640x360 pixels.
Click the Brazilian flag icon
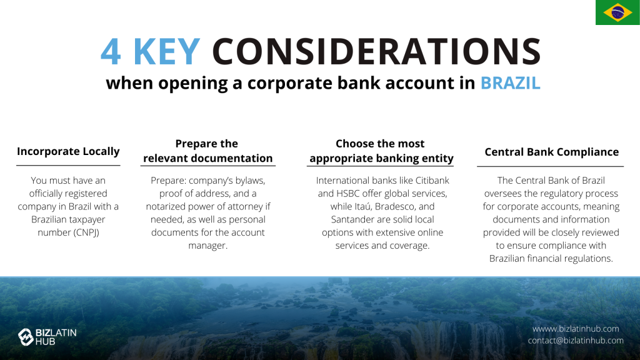pyautogui.click(x=617, y=12)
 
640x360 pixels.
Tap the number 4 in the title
pyautogui.click(x=111, y=52)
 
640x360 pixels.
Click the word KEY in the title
pyautogui.click(x=167, y=51)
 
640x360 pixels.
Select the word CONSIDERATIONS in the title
pyautogui.click(x=376, y=51)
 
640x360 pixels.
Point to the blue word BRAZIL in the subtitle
pyautogui.click(x=510, y=83)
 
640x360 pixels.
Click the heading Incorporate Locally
pyautogui.click(x=68, y=151)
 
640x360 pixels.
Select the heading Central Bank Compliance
pyautogui.click(x=551, y=152)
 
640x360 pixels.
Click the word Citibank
pyautogui.click(x=432, y=181)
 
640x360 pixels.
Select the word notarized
pyautogui.click(x=166, y=206)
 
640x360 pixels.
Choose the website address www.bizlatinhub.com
pyautogui.click(x=576, y=329)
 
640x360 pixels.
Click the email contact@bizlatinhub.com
pyautogui.click(x=576, y=341)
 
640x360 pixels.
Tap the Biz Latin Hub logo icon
pyautogui.click(x=26, y=337)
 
